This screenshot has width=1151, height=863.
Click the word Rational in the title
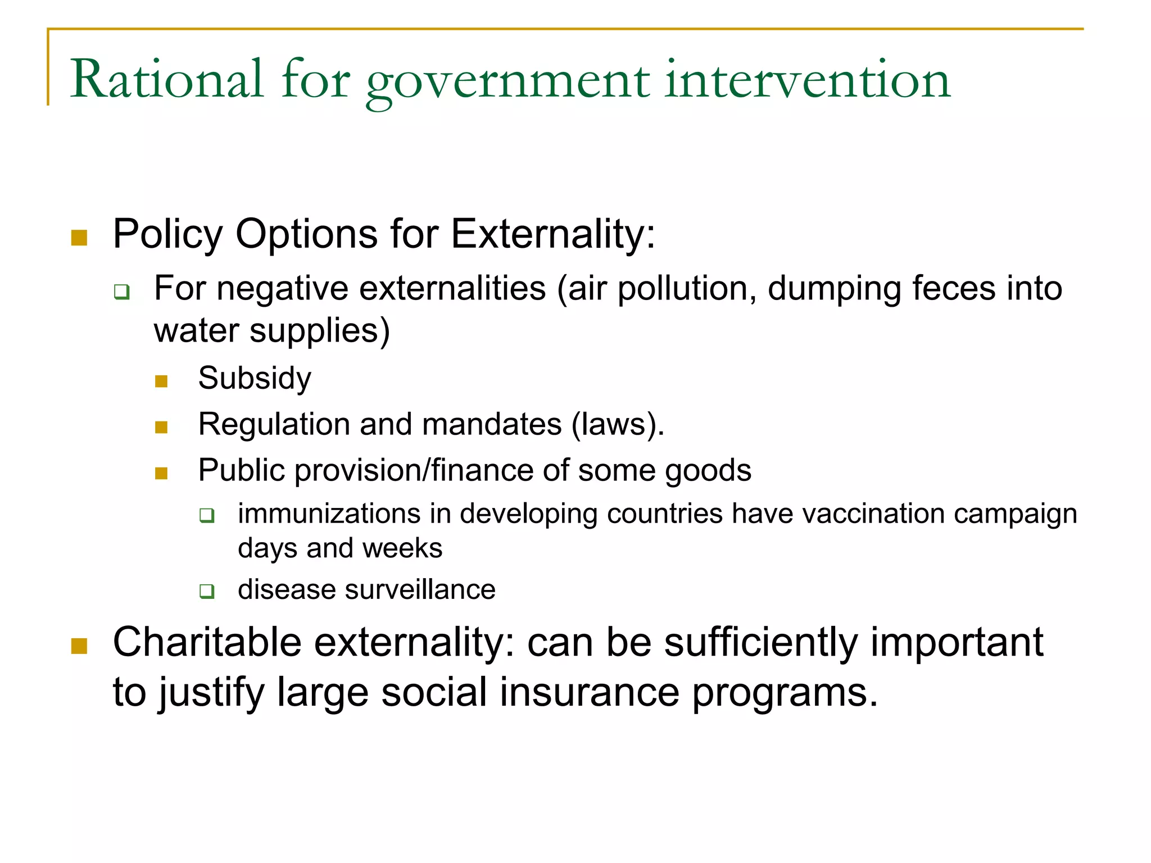[166, 80]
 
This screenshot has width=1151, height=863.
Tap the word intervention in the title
[807, 80]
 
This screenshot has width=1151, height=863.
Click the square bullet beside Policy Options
[79, 238]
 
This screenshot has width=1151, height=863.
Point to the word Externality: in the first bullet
[553, 234]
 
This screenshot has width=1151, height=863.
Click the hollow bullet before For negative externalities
[122, 292]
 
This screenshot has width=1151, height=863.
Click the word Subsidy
[255, 378]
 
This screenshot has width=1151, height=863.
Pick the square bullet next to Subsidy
[161, 381]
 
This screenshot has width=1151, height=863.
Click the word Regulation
[274, 424]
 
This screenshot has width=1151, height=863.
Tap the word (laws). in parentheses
[618, 424]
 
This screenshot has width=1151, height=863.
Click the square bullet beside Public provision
[161, 473]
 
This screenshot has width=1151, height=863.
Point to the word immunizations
[329, 514]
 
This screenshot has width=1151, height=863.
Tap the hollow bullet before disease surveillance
[207, 591]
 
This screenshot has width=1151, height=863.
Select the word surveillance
[420, 590]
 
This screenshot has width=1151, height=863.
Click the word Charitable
[207, 642]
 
